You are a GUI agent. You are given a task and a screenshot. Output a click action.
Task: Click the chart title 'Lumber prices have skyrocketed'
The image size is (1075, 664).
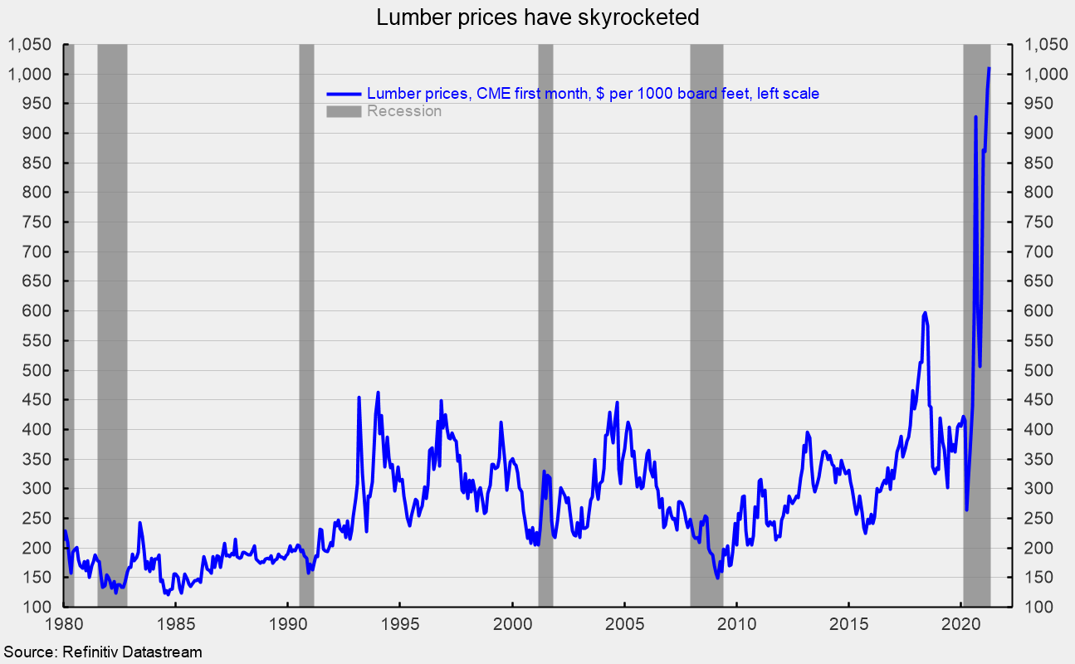pos(537,17)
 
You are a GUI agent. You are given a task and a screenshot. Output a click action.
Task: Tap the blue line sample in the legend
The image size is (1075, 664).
pos(344,94)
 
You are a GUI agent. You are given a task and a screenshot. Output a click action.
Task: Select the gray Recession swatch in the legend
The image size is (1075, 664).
pos(344,111)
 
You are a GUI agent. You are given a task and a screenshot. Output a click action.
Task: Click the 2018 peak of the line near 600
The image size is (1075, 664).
pos(925,313)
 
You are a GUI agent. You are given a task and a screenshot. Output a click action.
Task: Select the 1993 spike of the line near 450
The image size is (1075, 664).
pos(359,398)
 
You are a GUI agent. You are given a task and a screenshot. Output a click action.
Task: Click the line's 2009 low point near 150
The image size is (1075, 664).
pos(717,578)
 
